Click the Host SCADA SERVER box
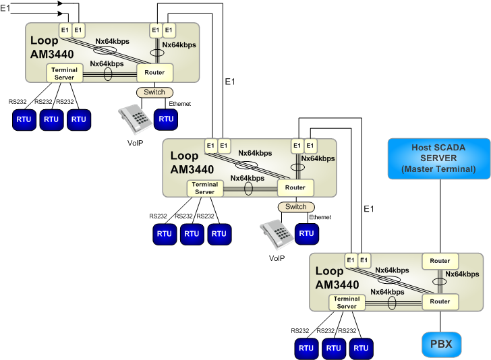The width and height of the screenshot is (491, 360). click(439, 158)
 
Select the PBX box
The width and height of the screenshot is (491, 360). click(441, 344)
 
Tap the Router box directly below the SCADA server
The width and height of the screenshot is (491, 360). click(440, 261)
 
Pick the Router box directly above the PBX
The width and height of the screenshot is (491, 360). click(440, 302)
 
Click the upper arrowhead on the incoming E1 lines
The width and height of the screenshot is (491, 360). click(61, 3)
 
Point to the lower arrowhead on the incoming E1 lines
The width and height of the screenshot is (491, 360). click(61, 13)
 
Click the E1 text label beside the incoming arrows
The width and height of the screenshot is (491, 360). click(5, 8)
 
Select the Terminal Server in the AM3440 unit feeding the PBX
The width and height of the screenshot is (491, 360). click(347, 303)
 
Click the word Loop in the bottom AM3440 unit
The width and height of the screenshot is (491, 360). click(329, 271)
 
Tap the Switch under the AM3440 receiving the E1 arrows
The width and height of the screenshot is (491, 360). click(154, 92)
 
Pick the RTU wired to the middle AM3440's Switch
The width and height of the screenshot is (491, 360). click(307, 233)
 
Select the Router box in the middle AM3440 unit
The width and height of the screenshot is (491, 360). click(295, 187)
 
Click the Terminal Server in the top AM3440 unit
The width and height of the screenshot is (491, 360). click(65, 73)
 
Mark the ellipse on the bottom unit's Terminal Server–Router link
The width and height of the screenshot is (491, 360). click(392, 303)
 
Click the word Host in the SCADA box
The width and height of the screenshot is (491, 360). click(421, 148)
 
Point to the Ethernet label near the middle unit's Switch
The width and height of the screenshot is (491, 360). click(320, 217)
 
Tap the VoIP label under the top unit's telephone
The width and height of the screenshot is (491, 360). click(135, 143)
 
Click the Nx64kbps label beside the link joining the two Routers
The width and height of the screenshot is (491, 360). click(462, 274)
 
